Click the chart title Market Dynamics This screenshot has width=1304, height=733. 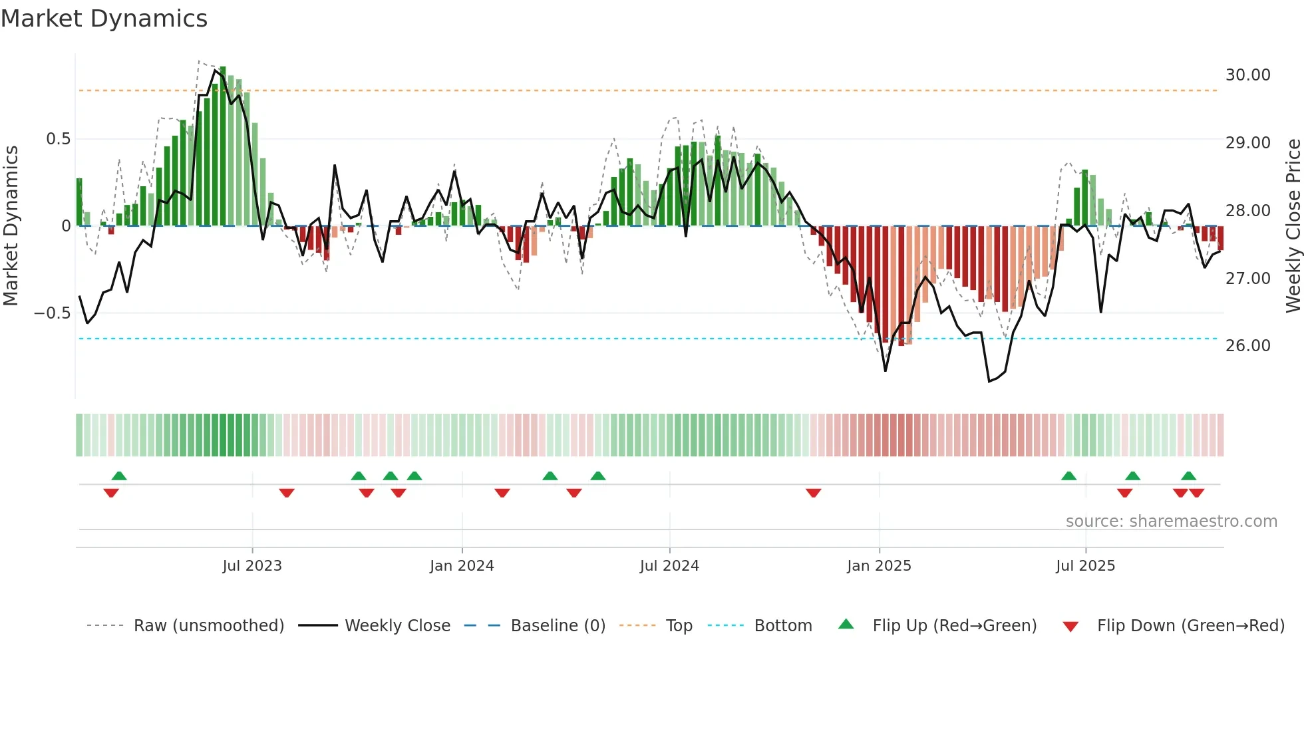pos(104,19)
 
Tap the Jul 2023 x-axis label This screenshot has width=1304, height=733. pos(252,566)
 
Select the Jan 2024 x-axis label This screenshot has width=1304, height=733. pos(462,566)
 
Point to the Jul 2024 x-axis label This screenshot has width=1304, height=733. pos(669,566)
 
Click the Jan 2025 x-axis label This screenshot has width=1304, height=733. pos(879,566)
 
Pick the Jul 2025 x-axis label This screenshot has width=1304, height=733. pos(1085,566)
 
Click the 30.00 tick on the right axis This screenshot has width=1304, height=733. pos(1247,75)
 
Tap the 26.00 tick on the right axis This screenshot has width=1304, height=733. pos(1247,346)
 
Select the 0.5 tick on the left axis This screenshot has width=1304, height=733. pos(58,139)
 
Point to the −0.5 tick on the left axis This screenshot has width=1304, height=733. pos(53,313)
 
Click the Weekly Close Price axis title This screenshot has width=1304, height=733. pos(1293,225)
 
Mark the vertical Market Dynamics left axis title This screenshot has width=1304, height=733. pos(11,225)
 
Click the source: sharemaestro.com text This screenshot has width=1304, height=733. pos(1171,521)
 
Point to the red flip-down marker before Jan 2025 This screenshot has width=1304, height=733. pos(813,493)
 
